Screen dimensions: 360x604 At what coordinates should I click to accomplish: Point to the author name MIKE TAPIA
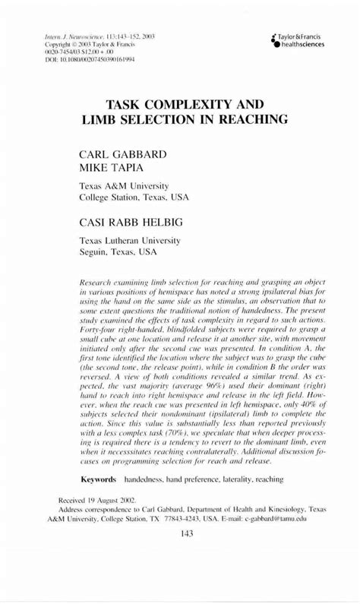tap(115, 166)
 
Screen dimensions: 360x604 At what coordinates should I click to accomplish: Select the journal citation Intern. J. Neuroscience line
tap(90, 36)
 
